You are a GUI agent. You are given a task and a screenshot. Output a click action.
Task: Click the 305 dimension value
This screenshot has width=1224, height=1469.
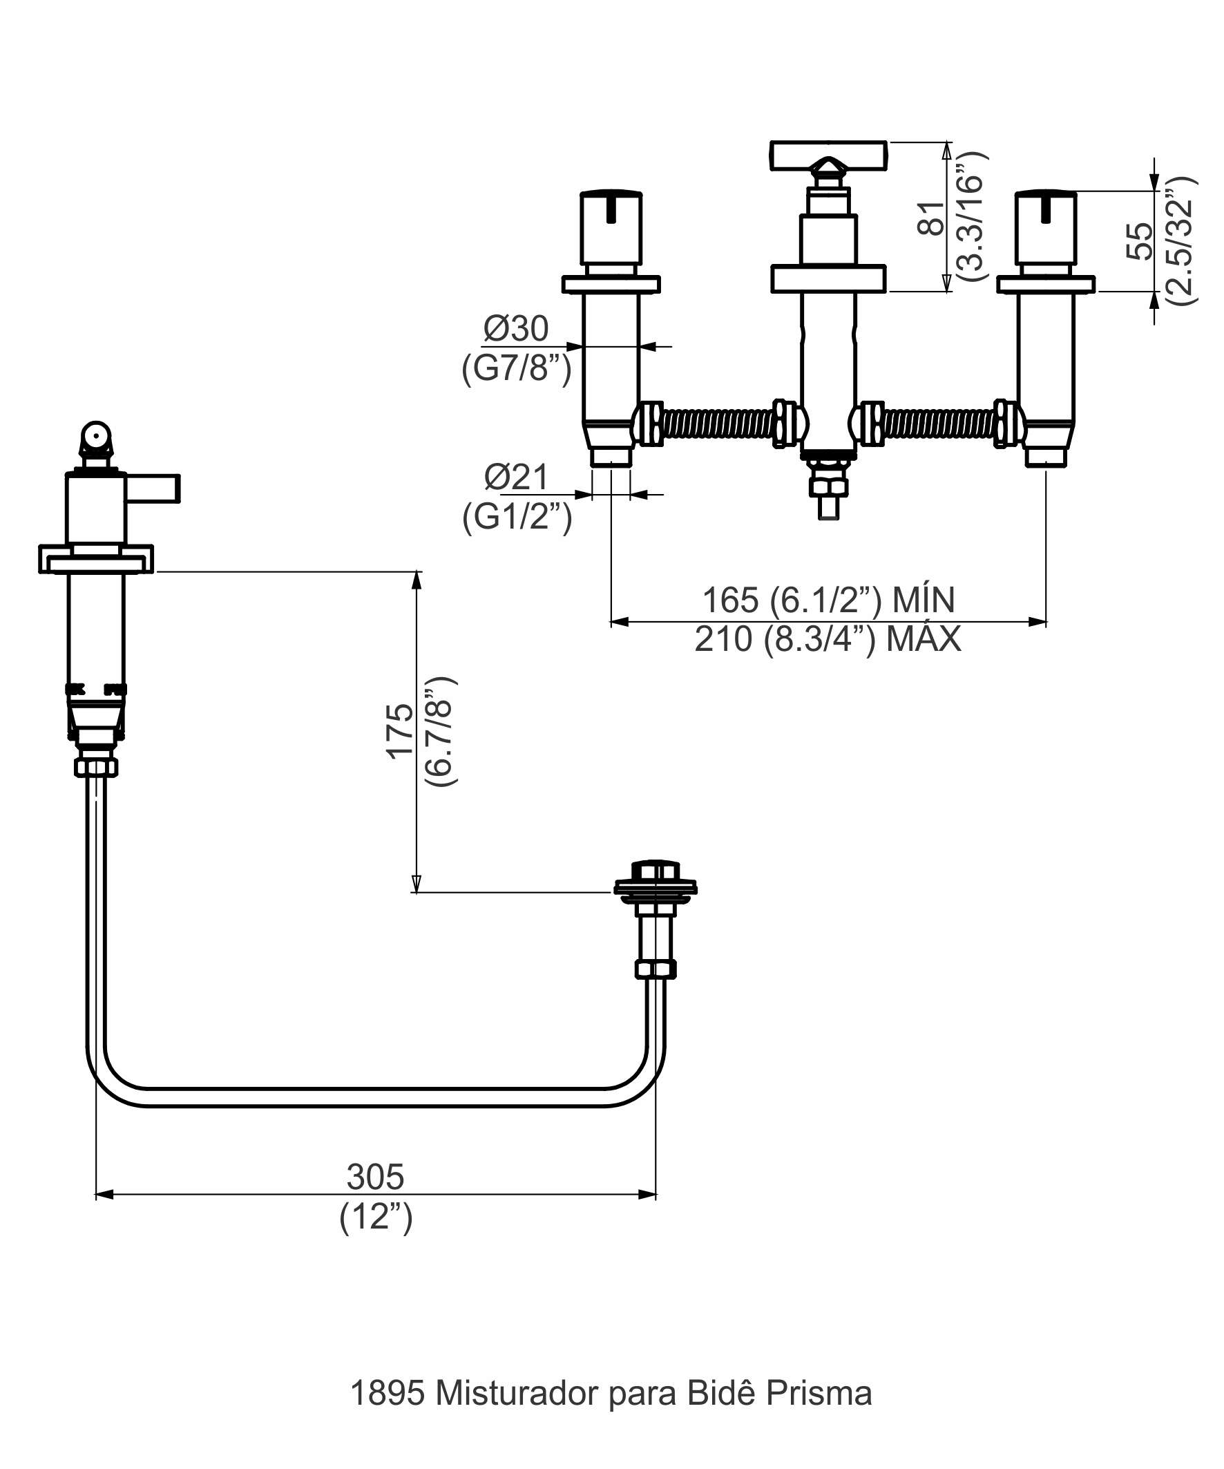375,1177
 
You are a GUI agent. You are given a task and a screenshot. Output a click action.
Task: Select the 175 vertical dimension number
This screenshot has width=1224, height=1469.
400,731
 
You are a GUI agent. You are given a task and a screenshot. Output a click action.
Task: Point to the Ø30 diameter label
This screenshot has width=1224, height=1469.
516,329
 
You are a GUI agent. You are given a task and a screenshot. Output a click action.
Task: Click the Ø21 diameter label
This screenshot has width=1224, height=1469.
517,477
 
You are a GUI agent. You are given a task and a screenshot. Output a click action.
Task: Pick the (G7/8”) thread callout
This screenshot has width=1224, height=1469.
516,368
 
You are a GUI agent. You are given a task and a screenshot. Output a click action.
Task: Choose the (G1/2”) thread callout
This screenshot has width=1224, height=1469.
517,517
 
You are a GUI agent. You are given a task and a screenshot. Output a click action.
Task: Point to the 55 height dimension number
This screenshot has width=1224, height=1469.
1140,240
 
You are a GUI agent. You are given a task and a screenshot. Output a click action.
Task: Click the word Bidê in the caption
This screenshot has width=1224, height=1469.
721,1394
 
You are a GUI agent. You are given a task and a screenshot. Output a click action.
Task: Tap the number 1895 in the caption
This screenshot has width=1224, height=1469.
387,1394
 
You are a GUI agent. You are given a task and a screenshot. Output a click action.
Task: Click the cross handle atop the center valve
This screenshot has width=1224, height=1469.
828,155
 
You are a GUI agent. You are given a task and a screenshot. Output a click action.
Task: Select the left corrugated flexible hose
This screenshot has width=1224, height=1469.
719,423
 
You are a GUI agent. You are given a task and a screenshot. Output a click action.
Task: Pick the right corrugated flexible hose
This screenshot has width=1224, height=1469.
937,423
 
